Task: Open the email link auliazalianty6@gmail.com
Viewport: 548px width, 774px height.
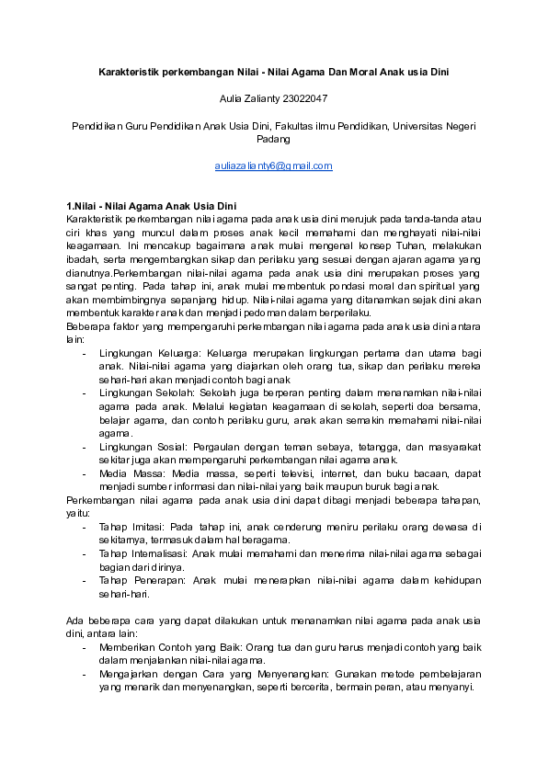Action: pos(273,166)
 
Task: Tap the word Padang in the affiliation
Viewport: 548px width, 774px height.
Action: pos(273,140)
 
